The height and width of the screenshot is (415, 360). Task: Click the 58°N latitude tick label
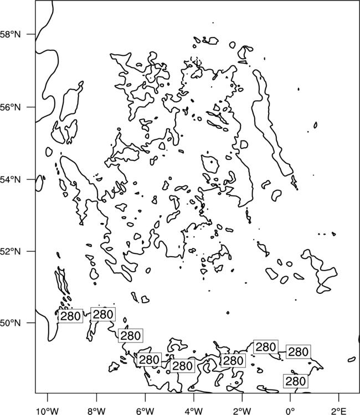pos(11,34)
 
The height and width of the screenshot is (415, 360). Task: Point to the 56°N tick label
pos(11,107)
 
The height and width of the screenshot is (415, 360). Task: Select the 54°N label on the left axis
pos(11,180)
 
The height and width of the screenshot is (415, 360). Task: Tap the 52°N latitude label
pos(11,251)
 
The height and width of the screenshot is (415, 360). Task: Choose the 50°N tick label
pos(11,323)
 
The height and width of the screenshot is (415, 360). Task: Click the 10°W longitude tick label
pos(48,411)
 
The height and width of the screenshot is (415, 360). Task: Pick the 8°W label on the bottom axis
pos(96,411)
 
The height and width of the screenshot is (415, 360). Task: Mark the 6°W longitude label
pos(145,411)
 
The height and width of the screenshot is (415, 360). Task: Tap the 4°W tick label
pos(194,411)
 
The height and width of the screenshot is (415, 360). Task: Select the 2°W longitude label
pos(242,411)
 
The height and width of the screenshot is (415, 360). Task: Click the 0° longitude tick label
pos(290,411)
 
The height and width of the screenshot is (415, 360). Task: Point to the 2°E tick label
pos(339,411)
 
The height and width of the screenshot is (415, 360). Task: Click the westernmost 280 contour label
pos(70,316)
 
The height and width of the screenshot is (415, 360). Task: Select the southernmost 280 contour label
pos(296,381)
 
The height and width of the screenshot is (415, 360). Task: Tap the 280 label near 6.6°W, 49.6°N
pos(131,336)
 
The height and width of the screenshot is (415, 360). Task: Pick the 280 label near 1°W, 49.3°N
pos(266,347)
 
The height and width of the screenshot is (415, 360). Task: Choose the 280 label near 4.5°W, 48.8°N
pos(183,366)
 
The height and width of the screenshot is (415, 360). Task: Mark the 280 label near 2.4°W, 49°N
pos(233,360)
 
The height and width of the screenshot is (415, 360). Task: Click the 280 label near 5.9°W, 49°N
pos(149,360)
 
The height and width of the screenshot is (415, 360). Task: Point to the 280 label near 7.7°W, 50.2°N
pos(103,314)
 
